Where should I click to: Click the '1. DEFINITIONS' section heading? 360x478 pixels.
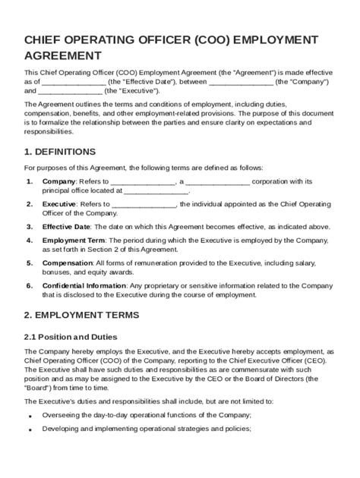coord(60,151)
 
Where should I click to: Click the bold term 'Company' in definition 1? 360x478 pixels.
coord(58,181)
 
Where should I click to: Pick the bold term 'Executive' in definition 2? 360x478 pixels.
coord(58,204)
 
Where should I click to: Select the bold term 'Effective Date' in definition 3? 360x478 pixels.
coord(67,226)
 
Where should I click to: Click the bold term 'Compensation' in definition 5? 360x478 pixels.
coord(66,263)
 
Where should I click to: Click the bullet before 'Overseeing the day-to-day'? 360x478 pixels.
coord(29,417)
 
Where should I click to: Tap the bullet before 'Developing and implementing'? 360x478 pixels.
coord(29,430)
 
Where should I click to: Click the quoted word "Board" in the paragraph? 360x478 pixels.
coord(36,385)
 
